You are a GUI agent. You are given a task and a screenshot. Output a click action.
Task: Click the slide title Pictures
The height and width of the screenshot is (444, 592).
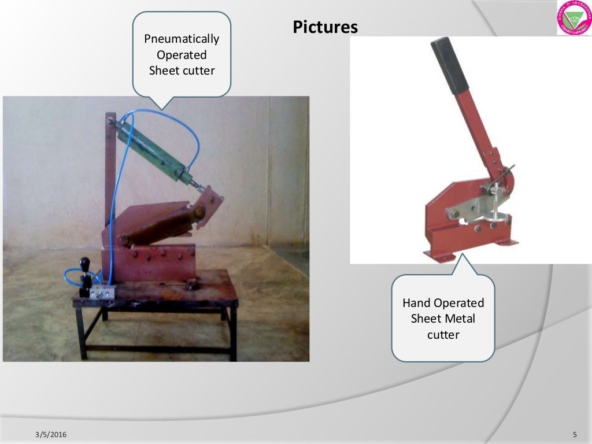coord(325,27)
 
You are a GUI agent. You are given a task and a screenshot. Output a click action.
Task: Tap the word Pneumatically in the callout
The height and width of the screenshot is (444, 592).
coord(182,39)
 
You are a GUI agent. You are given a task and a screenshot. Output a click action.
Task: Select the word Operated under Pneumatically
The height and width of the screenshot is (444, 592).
coord(182,55)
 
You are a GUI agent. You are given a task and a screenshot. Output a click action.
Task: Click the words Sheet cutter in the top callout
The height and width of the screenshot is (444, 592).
coord(182,71)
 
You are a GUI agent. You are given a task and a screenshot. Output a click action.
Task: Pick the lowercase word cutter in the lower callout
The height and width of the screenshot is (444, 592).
coord(443,334)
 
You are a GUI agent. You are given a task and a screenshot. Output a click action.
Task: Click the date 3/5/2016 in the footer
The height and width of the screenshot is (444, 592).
coord(50,434)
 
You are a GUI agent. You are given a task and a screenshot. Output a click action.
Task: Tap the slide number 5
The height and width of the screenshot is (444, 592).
coord(575,434)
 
